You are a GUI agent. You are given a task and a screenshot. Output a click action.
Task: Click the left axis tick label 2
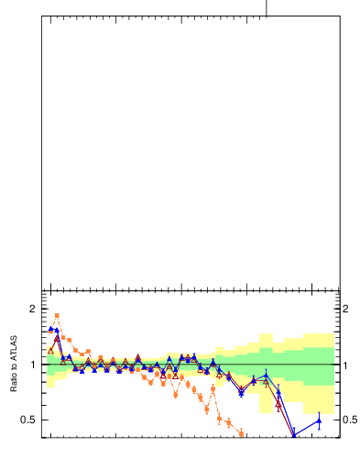(x=31, y=310)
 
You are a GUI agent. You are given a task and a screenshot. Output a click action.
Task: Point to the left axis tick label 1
(x=31, y=365)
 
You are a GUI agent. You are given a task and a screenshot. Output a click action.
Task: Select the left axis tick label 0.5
(x=27, y=420)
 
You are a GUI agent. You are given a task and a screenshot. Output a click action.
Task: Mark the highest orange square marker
(x=57, y=316)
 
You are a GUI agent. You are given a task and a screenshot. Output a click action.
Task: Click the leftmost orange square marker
(x=50, y=330)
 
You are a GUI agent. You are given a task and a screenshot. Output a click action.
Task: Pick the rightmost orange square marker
(x=242, y=434)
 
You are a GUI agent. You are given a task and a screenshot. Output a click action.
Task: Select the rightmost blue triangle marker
(x=319, y=421)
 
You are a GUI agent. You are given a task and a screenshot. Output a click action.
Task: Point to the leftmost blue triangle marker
(x=50, y=328)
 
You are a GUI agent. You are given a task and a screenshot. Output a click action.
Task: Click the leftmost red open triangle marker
(x=50, y=350)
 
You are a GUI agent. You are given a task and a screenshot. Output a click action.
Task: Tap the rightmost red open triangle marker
(x=278, y=403)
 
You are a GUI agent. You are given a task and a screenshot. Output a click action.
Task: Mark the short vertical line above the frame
(x=267, y=7)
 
